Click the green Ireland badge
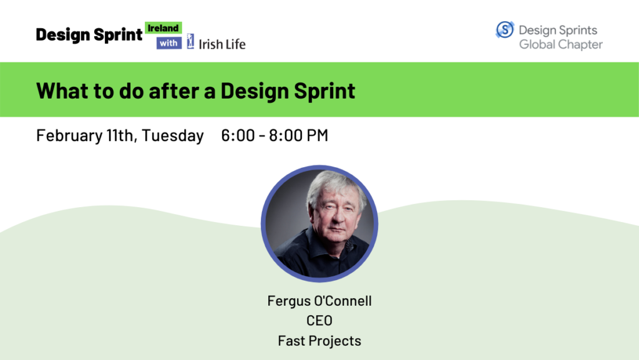click(163, 28)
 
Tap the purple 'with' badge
click(168, 43)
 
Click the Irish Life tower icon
click(190, 41)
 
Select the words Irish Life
click(222, 44)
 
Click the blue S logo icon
click(505, 30)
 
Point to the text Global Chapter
click(561, 44)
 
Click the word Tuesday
click(172, 135)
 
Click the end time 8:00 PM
click(298, 135)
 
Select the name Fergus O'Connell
click(319, 301)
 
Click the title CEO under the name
click(319, 321)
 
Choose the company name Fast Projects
click(319, 341)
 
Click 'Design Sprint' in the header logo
click(89, 35)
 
